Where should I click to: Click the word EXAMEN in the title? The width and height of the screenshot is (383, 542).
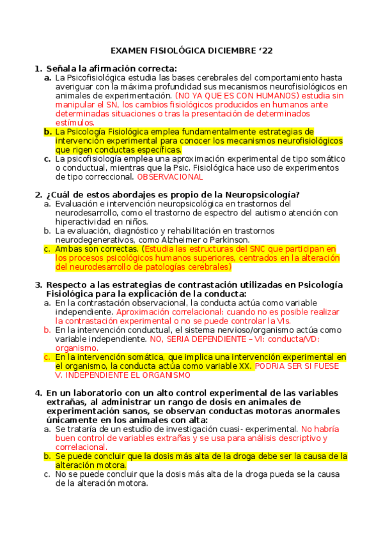130,50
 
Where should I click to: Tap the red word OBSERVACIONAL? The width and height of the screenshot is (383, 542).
170,177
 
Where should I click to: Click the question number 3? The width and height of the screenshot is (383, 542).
38,284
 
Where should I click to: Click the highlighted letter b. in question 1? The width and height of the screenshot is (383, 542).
47,132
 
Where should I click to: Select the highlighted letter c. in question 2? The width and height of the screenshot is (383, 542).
47,249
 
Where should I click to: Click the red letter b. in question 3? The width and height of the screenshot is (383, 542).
47,330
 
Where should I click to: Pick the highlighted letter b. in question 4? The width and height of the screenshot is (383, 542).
47,456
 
